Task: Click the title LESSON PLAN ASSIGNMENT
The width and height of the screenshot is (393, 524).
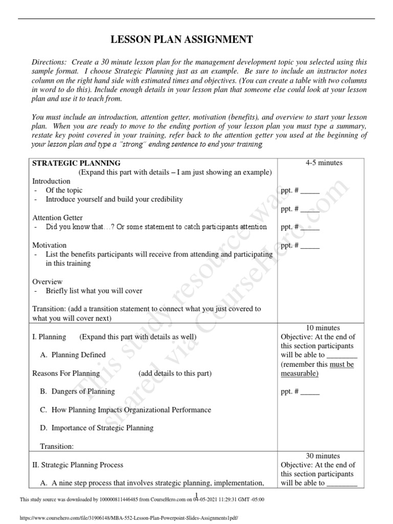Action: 182,39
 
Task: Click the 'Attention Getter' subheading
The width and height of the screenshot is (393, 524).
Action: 57,218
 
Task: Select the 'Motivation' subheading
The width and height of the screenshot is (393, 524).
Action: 50,246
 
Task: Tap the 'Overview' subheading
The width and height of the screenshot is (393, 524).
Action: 48,282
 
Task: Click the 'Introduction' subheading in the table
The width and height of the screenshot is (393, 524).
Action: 51,181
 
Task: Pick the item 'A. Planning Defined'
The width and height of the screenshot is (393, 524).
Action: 73,355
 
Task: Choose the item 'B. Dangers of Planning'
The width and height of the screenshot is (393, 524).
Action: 77,391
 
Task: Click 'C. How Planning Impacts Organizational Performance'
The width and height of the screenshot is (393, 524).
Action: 125,410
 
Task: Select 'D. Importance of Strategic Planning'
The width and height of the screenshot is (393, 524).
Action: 97,428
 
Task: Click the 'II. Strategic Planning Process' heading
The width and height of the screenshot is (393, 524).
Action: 78,465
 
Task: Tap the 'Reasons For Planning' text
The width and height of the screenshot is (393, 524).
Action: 66,374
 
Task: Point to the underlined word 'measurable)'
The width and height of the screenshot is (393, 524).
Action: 300,374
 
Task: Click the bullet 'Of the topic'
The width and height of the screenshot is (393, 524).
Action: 64,190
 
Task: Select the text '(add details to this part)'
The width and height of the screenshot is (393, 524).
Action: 174,374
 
